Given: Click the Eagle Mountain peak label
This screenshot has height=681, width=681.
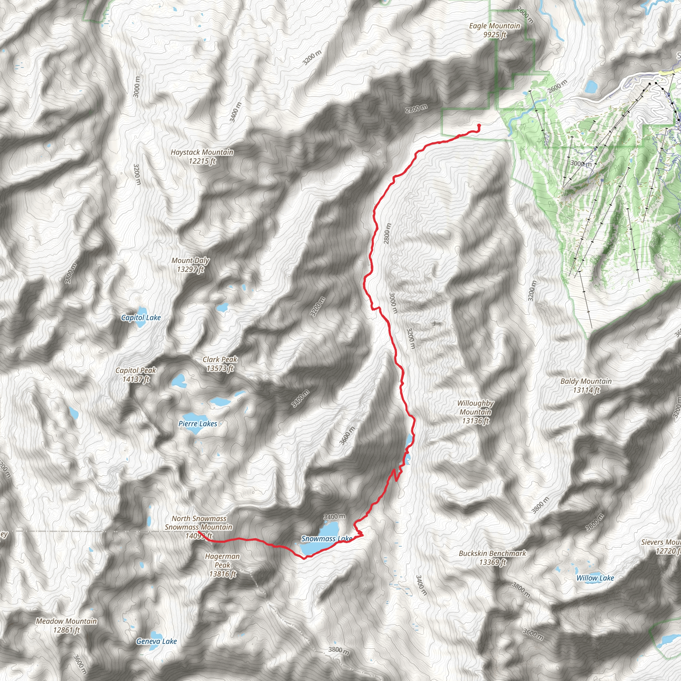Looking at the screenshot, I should click(x=494, y=30).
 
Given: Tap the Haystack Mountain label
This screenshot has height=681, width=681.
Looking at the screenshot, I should click(x=202, y=157).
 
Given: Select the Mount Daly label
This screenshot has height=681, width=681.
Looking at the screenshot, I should click(x=190, y=265).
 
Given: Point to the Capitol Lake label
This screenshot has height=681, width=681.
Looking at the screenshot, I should click(x=141, y=318).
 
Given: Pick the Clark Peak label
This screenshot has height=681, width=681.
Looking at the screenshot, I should click(x=220, y=364).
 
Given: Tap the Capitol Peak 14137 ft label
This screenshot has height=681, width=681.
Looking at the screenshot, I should click(x=136, y=375).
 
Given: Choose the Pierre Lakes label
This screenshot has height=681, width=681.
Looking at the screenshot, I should click(x=198, y=424).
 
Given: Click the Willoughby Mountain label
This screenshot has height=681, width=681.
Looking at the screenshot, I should click(x=476, y=412).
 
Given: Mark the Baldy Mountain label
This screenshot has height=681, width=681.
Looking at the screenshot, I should click(x=586, y=385).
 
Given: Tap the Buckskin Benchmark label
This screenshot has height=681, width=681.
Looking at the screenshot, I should click(x=492, y=558).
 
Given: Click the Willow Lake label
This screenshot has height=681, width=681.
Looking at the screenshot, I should click(x=595, y=578).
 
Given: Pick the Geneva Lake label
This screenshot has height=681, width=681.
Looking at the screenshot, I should click(x=157, y=641).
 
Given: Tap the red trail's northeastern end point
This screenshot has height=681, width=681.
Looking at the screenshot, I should click(x=479, y=125).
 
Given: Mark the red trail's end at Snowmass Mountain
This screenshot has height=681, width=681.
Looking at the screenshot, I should click(x=199, y=531).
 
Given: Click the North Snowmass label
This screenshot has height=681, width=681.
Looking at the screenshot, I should click(x=199, y=518).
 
